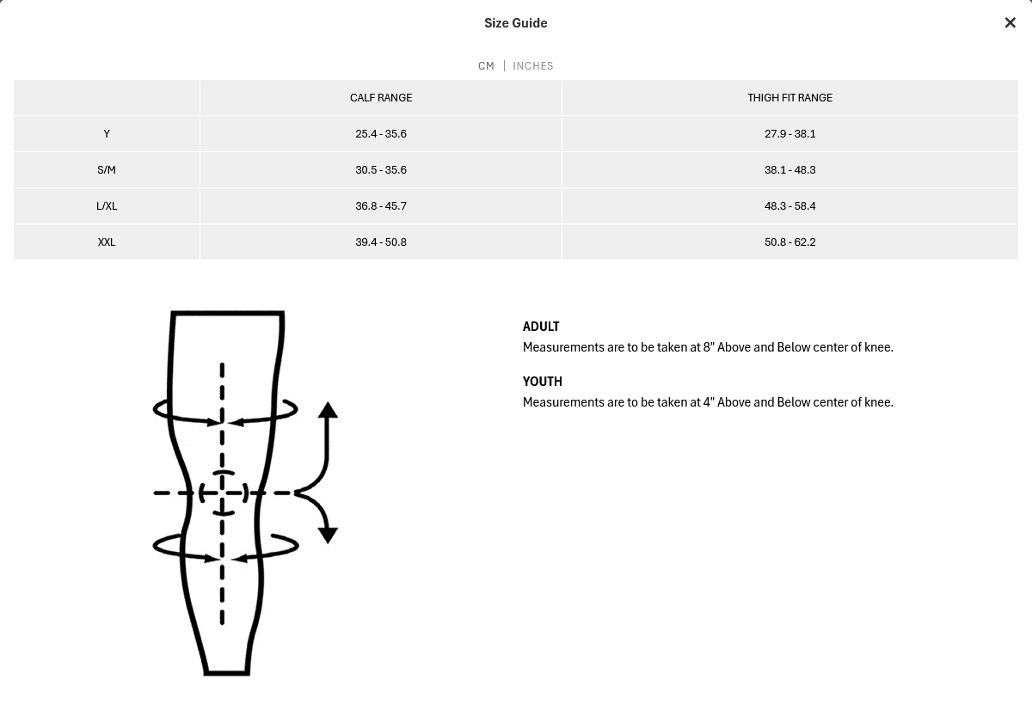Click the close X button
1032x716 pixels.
tap(1010, 22)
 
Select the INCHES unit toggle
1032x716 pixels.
tap(533, 66)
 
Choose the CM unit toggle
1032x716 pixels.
tap(486, 66)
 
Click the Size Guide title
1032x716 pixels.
tap(515, 23)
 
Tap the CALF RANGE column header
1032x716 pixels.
tap(381, 98)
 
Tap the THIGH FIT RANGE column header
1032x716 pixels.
tap(789, 98)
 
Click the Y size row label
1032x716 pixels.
tap(107, 133)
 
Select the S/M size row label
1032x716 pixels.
tap(107, 170)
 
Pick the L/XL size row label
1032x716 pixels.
tap(107, 205)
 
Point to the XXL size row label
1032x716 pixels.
tap(107, 242)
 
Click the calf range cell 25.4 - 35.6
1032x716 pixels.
tap(381, 133)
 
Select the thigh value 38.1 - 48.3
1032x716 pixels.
tap(789, 170)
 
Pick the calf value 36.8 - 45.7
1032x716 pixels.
tap(381, 205)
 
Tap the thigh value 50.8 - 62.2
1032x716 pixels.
tap(789, 242)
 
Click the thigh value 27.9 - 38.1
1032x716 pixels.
tap(789, 133)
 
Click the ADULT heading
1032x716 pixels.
tap(541, 327)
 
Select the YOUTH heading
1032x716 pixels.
tap(543, 382)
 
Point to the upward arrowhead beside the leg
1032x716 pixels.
tap(328, 410)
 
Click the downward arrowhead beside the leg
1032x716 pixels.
tap(328, 535)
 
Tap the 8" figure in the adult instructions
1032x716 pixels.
tap(709, 346)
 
